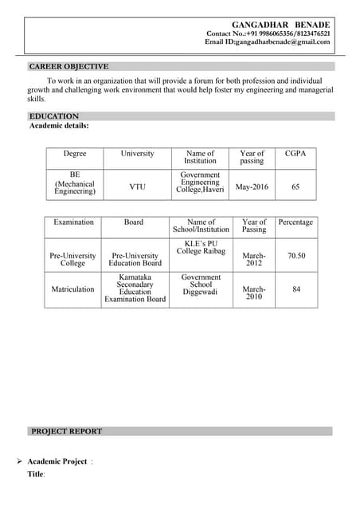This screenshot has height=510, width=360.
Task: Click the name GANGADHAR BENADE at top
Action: coord(280,25)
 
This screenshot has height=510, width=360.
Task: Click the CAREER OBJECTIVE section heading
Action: coord(69,66)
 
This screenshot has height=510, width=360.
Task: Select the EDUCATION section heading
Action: coord(54,116)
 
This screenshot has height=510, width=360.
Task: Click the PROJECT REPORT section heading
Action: coord(67,431)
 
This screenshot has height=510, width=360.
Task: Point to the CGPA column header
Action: coord(295,153)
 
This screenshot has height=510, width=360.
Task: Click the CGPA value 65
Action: coord(295,186)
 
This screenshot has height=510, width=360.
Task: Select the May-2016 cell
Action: coord(252,186)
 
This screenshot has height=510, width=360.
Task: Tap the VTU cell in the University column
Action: coord(138,186)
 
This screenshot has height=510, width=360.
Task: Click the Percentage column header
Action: coord(295,222)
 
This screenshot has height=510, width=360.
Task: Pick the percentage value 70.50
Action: coord(296,256)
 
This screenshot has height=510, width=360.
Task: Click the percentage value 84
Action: coord(296,289)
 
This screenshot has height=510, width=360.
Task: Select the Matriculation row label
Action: coord(73,289)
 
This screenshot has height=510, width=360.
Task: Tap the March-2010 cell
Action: coord(253,292)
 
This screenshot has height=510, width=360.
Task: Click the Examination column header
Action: coord(73,222)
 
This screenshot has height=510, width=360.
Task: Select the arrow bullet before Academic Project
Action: coord(18,461)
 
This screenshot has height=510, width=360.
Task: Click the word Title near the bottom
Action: coord(36,474)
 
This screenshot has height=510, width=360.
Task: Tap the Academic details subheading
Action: coord(59,126)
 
